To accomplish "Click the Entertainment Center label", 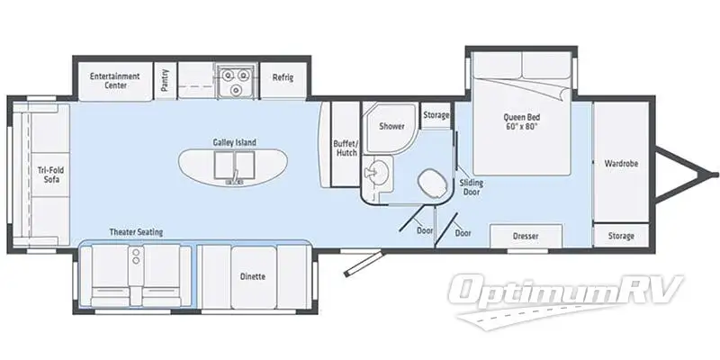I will tap(114, 81).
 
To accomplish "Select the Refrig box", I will tap(283, 77).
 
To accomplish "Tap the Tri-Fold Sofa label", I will tap(49, 174).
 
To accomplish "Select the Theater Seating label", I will tap(137, 232).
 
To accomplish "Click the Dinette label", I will tap(253, 275).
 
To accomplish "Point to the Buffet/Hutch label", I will tap(346, 148).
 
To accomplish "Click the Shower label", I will tap(391, 126).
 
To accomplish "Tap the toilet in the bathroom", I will tap(433, 185).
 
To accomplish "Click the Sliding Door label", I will tap(472, 185).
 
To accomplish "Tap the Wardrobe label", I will tap(621, 164).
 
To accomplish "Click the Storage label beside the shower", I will tap(436, 115).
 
